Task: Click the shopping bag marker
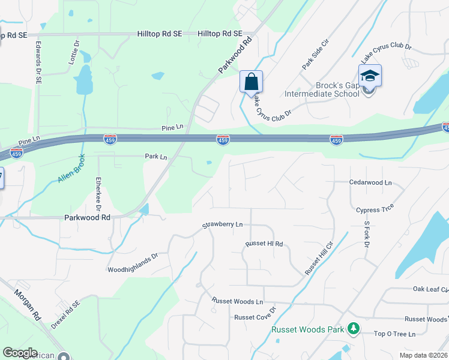click(x=251, y=81)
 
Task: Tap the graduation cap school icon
click(x=370, y=76)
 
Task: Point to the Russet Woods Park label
click(x=308, y=329)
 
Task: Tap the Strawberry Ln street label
click(x=222, y=224)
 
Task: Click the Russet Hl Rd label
click(x=264, y=244)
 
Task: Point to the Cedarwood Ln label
click(x=370, y=182)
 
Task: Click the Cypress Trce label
click(x=374, y=210)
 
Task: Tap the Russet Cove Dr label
click(x=255, y=316)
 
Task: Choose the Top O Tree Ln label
click(x=395, y=334)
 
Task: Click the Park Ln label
click(x=156, y=156)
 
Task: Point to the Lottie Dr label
click(x=74, y=52)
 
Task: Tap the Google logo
click(x=19, y=353)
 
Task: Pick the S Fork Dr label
click(x=366, y=234)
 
